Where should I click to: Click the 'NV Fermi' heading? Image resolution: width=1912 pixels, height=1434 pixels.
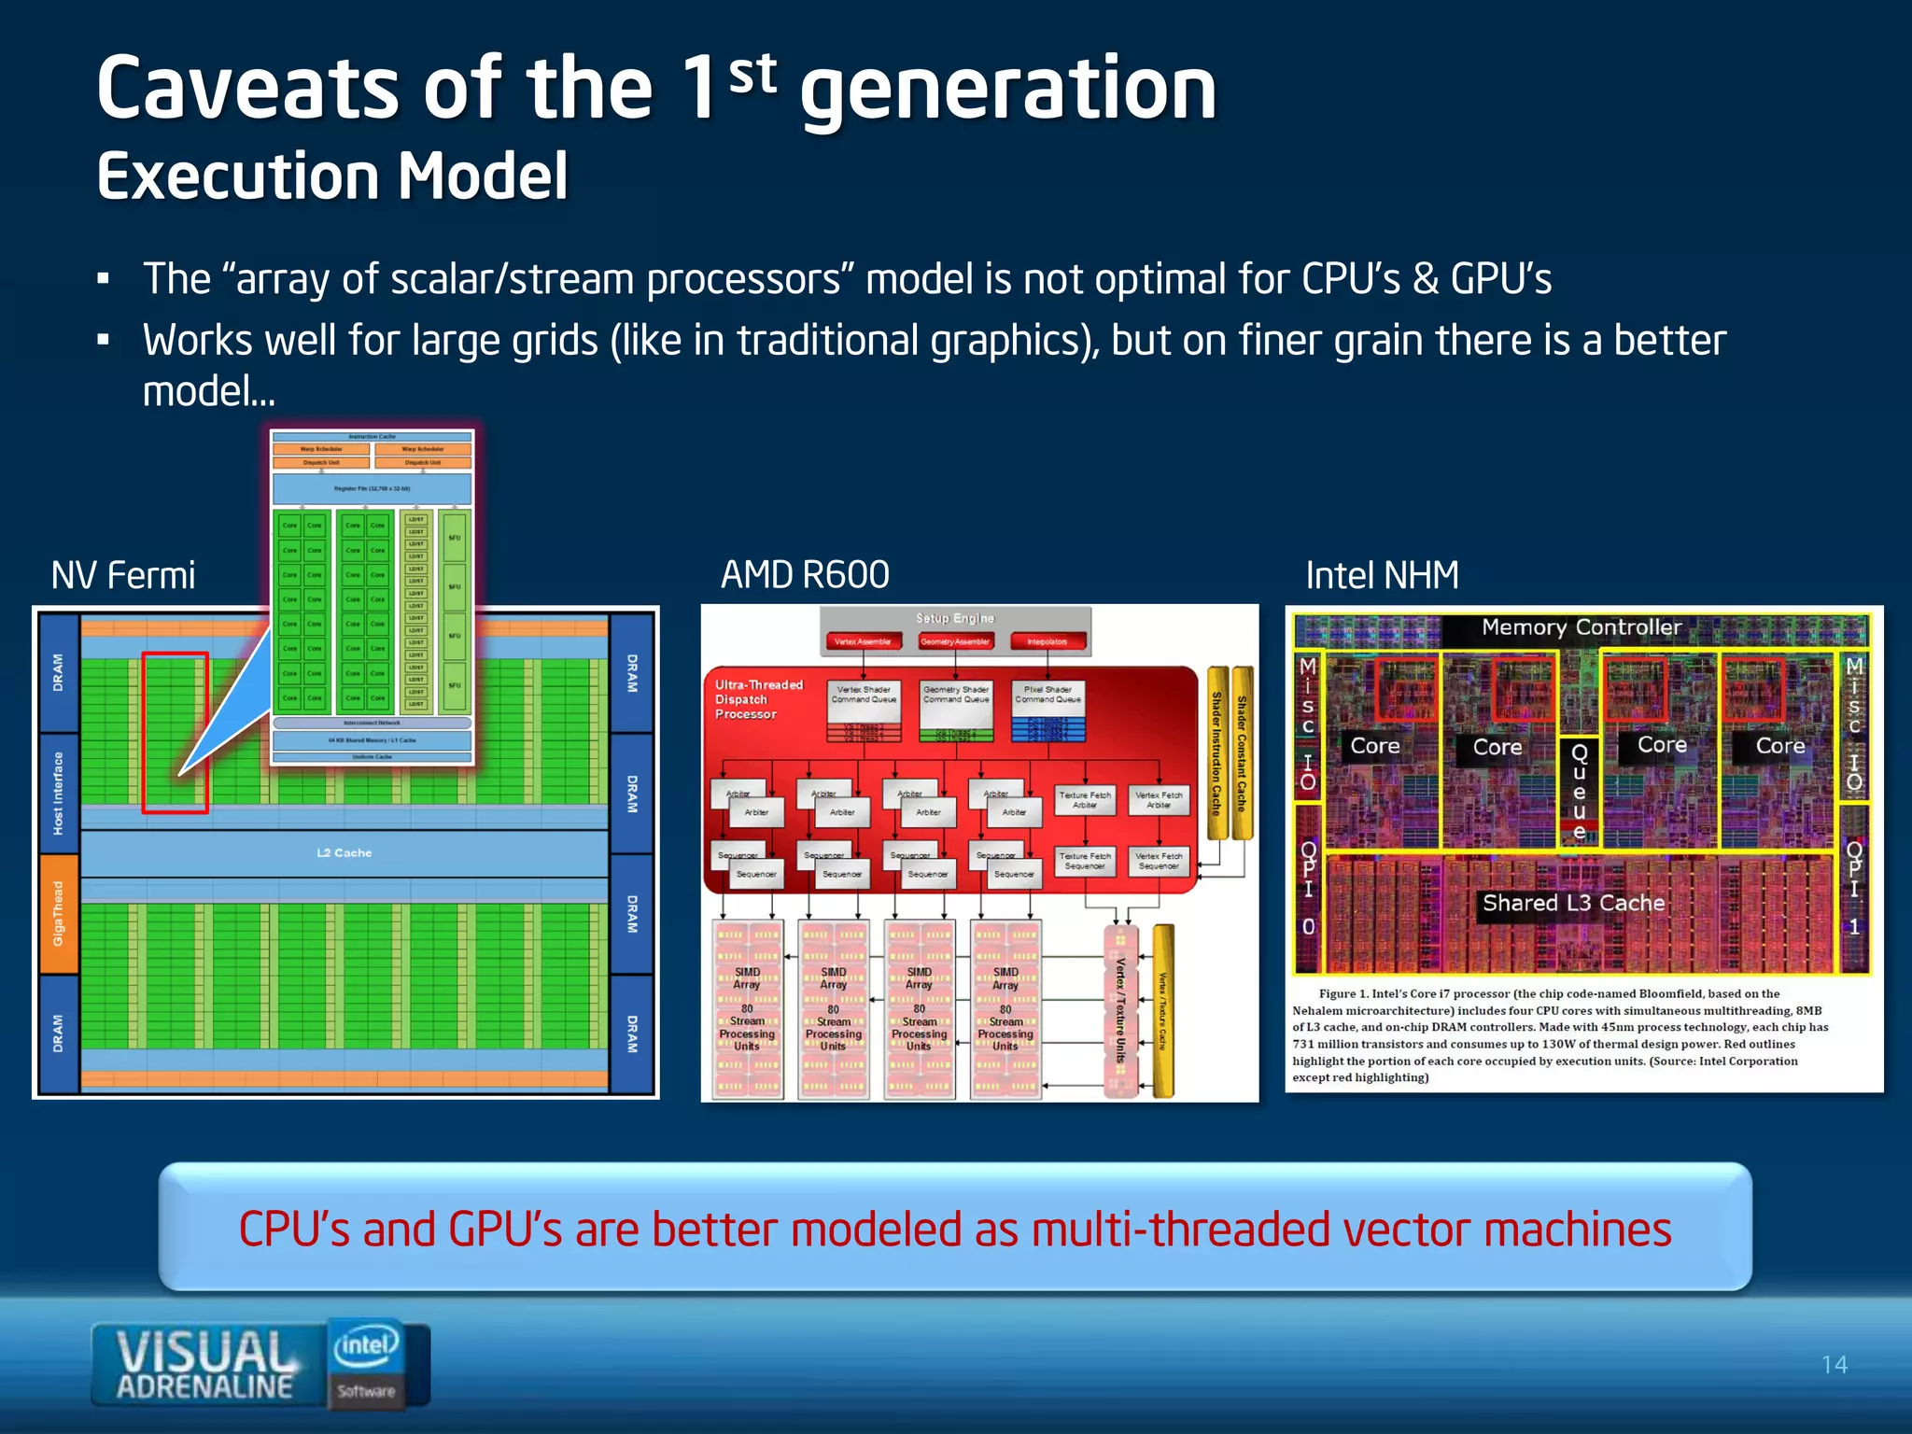coord(123,575)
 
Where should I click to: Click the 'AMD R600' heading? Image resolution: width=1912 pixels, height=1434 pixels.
coord(805,575)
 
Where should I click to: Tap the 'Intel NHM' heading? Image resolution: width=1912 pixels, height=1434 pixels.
coord(1382,575)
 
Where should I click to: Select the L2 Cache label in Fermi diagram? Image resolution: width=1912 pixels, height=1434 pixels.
coord(344,852)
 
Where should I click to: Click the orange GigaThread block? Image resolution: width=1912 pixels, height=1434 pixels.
coord(58,913)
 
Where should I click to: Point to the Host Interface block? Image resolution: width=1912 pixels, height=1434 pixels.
coord(58,793)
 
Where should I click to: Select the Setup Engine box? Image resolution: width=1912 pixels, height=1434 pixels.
coord(954,618)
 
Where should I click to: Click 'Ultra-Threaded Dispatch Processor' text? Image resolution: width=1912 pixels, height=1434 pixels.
coord(758,699)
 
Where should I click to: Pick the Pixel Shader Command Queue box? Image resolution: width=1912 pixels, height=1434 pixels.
coord(1047,695)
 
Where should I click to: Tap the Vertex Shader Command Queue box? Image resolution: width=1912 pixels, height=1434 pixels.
coord(864,695)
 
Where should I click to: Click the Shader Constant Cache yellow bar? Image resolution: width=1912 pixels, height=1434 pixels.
coord(1242,752)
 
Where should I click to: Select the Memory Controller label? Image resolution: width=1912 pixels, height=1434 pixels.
coord(1582,627)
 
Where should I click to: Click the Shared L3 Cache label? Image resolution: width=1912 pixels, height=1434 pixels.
coord(1573,903)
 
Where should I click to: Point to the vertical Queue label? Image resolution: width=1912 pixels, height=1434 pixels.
coord(1579,792)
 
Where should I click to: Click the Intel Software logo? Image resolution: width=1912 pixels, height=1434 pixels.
coord(366,1362)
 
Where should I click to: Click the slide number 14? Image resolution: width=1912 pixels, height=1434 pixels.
coord(1834,1365)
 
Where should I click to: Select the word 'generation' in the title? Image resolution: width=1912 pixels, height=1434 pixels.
coord(1008,90)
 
